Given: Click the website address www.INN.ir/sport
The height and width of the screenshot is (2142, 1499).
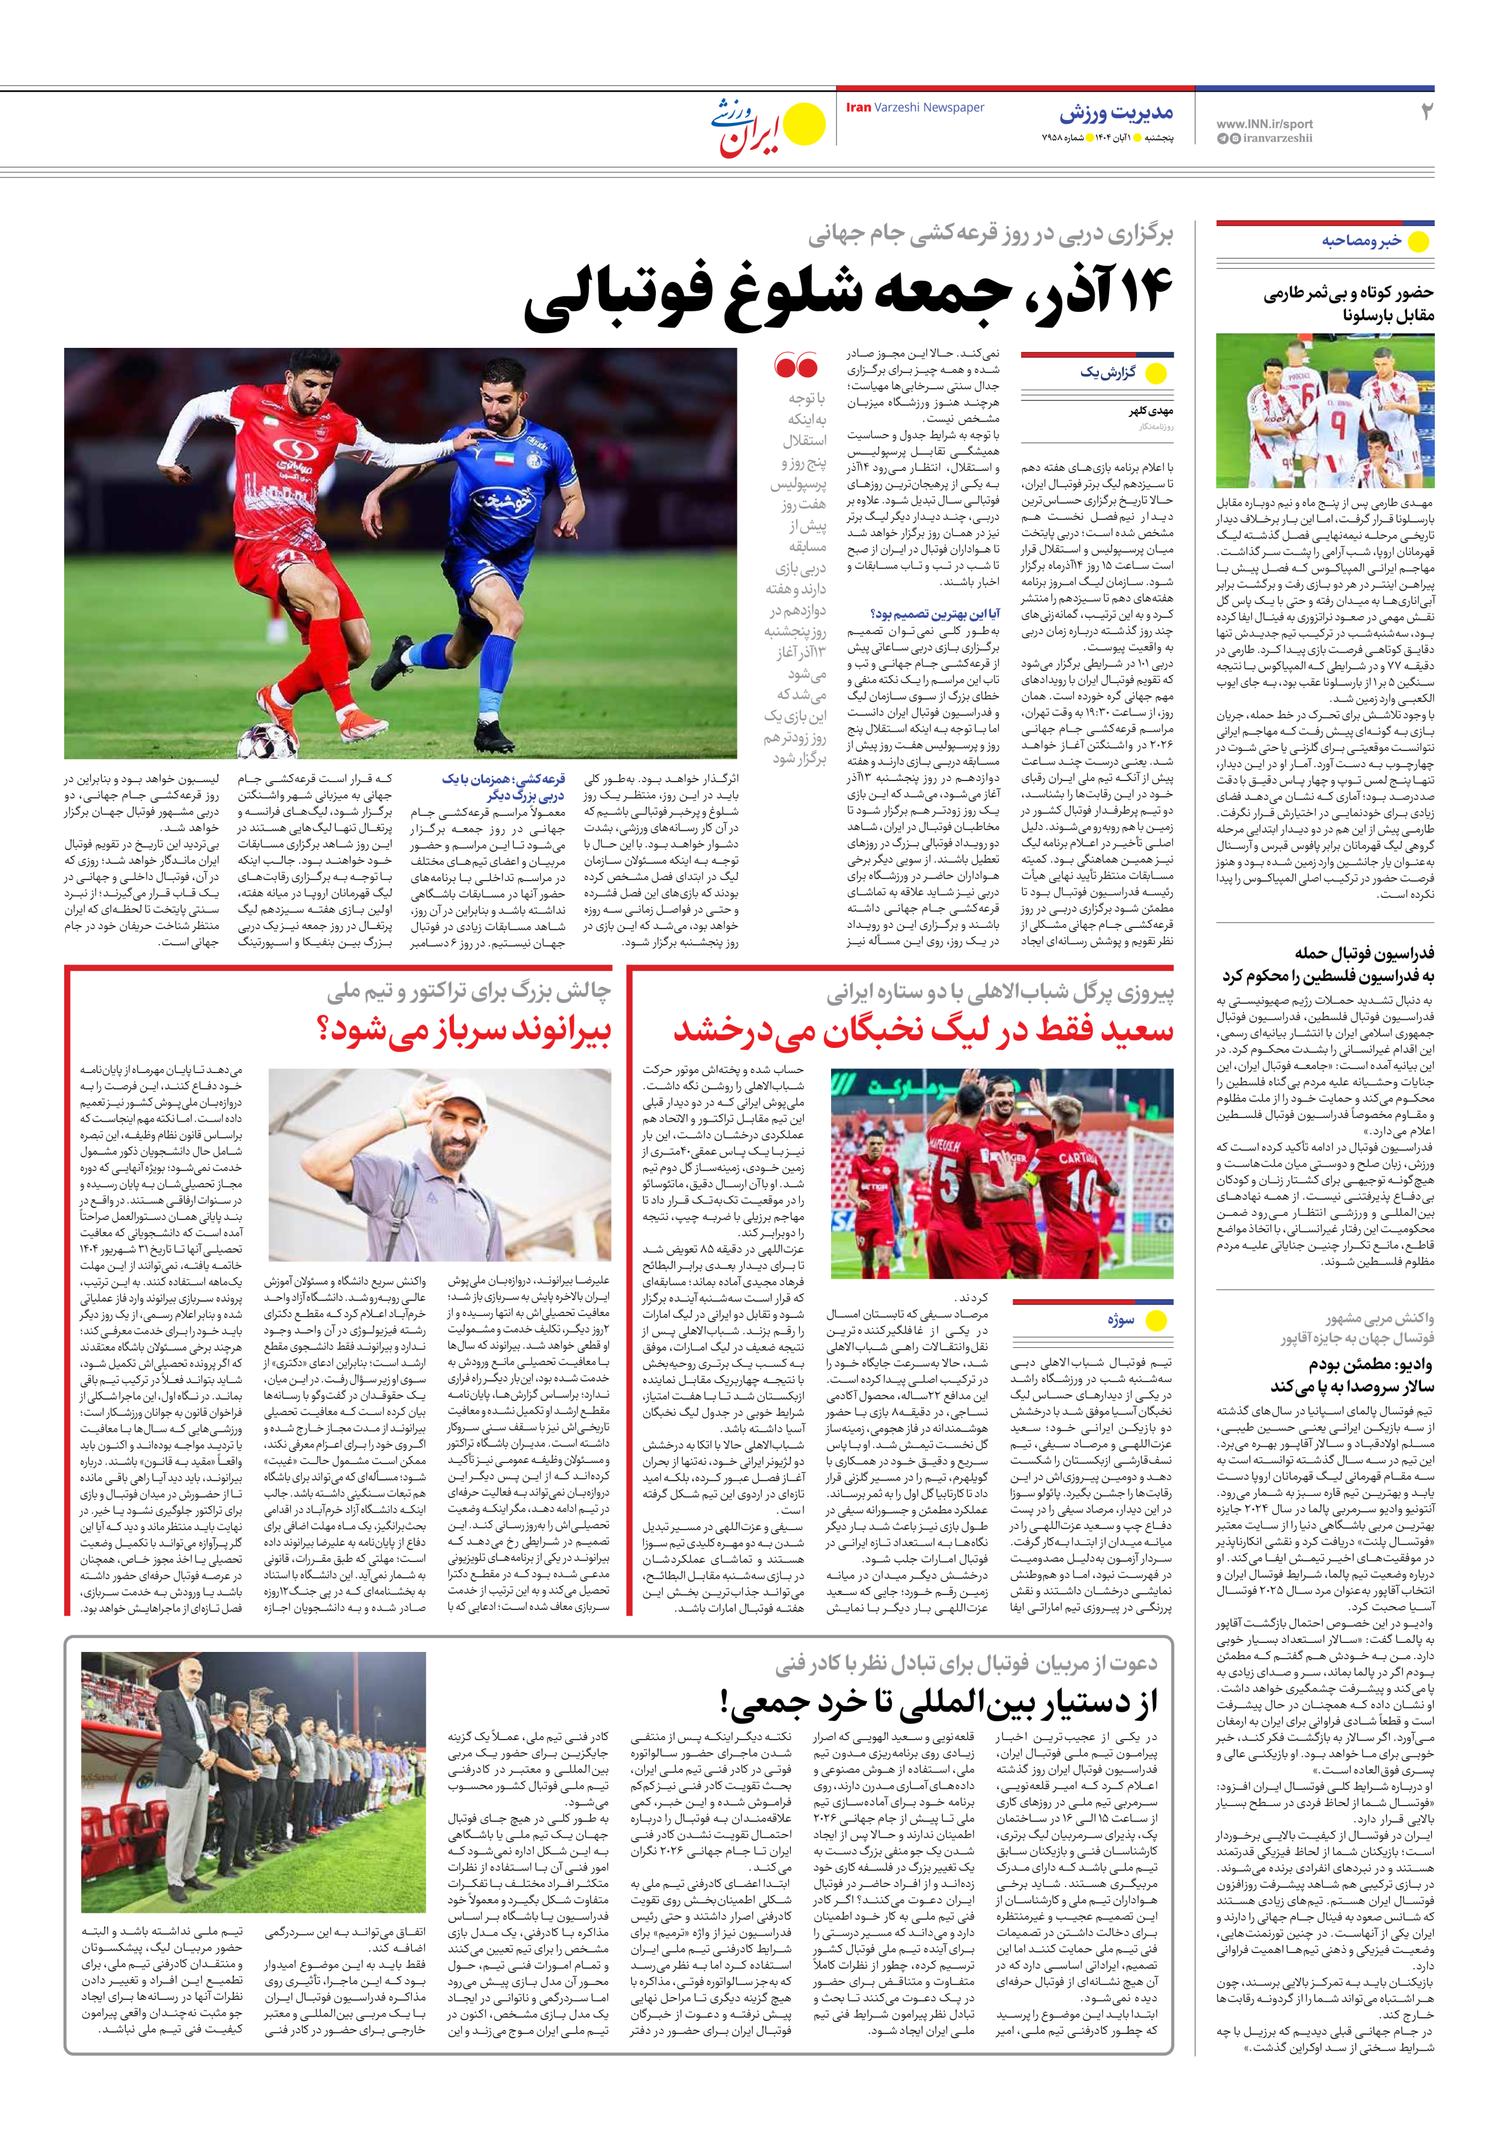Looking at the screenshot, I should (1264, 123).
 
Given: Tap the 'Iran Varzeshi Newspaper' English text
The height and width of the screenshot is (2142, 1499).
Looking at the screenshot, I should (914, 107).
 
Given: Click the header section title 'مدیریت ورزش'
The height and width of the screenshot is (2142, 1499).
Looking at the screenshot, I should (1116, 114).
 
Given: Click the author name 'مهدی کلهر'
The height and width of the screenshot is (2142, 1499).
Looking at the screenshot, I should (1151, 410).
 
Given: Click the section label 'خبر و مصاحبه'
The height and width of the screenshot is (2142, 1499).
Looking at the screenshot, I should (1361, 241).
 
